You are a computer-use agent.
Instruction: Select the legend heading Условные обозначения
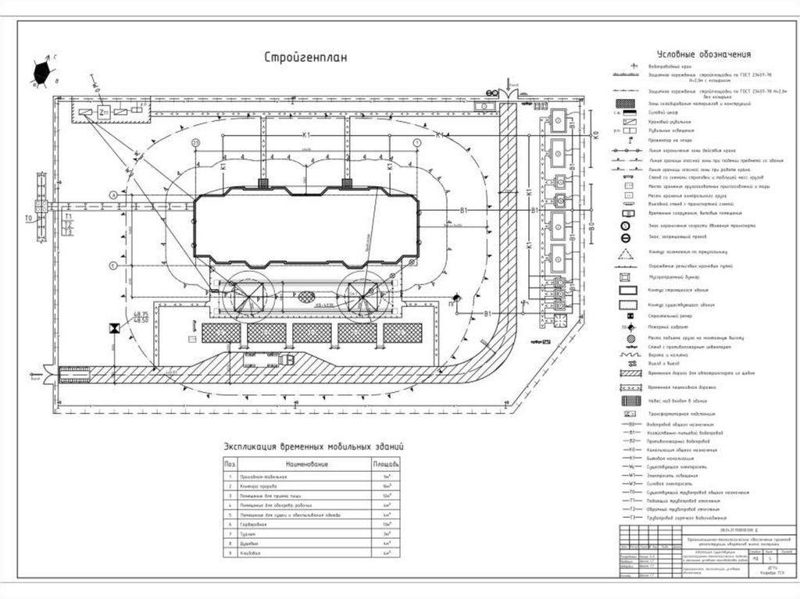(x=703, y=55)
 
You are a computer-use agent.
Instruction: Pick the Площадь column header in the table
(x=385, y=464)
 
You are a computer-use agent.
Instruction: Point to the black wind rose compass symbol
(x=45, y=73)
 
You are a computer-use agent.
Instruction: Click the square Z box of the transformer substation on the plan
(x=105, y=113)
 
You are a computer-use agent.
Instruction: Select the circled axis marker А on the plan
(x=113, y=194)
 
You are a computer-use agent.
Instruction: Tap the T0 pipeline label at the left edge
(x=29, y=218)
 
